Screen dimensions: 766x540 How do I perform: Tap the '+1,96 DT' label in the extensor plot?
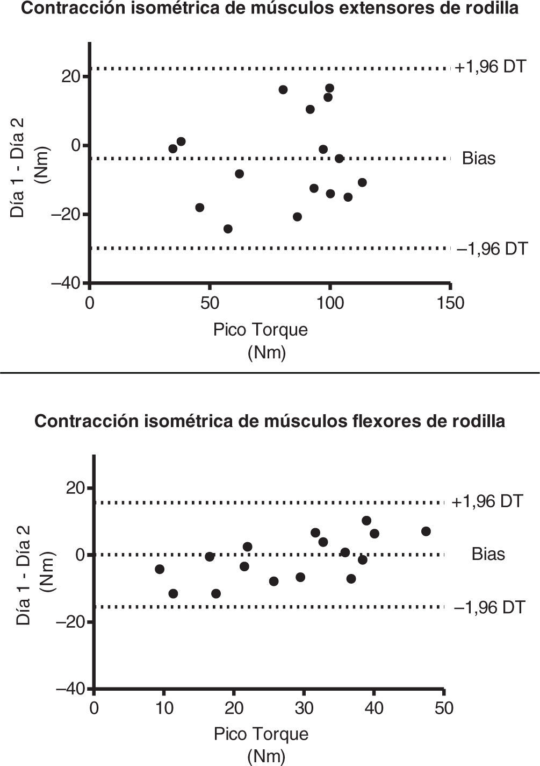491,68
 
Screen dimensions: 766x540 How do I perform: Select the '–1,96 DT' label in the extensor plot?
492,249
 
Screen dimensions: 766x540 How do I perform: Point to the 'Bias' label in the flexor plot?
488,554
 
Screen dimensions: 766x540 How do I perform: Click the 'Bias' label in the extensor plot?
478,159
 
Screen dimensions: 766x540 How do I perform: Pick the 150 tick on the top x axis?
450,303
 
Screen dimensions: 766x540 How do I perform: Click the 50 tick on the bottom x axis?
443,707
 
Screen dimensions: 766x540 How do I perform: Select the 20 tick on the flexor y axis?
75,488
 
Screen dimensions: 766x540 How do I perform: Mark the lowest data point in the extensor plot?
228,229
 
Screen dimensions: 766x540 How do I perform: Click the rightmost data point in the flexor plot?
426,531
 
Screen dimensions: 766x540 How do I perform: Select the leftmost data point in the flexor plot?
160,569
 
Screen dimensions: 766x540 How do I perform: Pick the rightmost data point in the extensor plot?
362,182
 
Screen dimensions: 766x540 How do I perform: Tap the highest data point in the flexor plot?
366,520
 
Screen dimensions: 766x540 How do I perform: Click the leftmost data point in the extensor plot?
173,148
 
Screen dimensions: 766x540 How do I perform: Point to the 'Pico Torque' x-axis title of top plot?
261,329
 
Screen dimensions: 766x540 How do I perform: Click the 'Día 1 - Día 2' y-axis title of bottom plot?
23,574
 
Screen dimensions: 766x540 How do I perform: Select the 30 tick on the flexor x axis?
304,707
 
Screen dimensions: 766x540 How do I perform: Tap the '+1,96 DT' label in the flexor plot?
487,501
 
